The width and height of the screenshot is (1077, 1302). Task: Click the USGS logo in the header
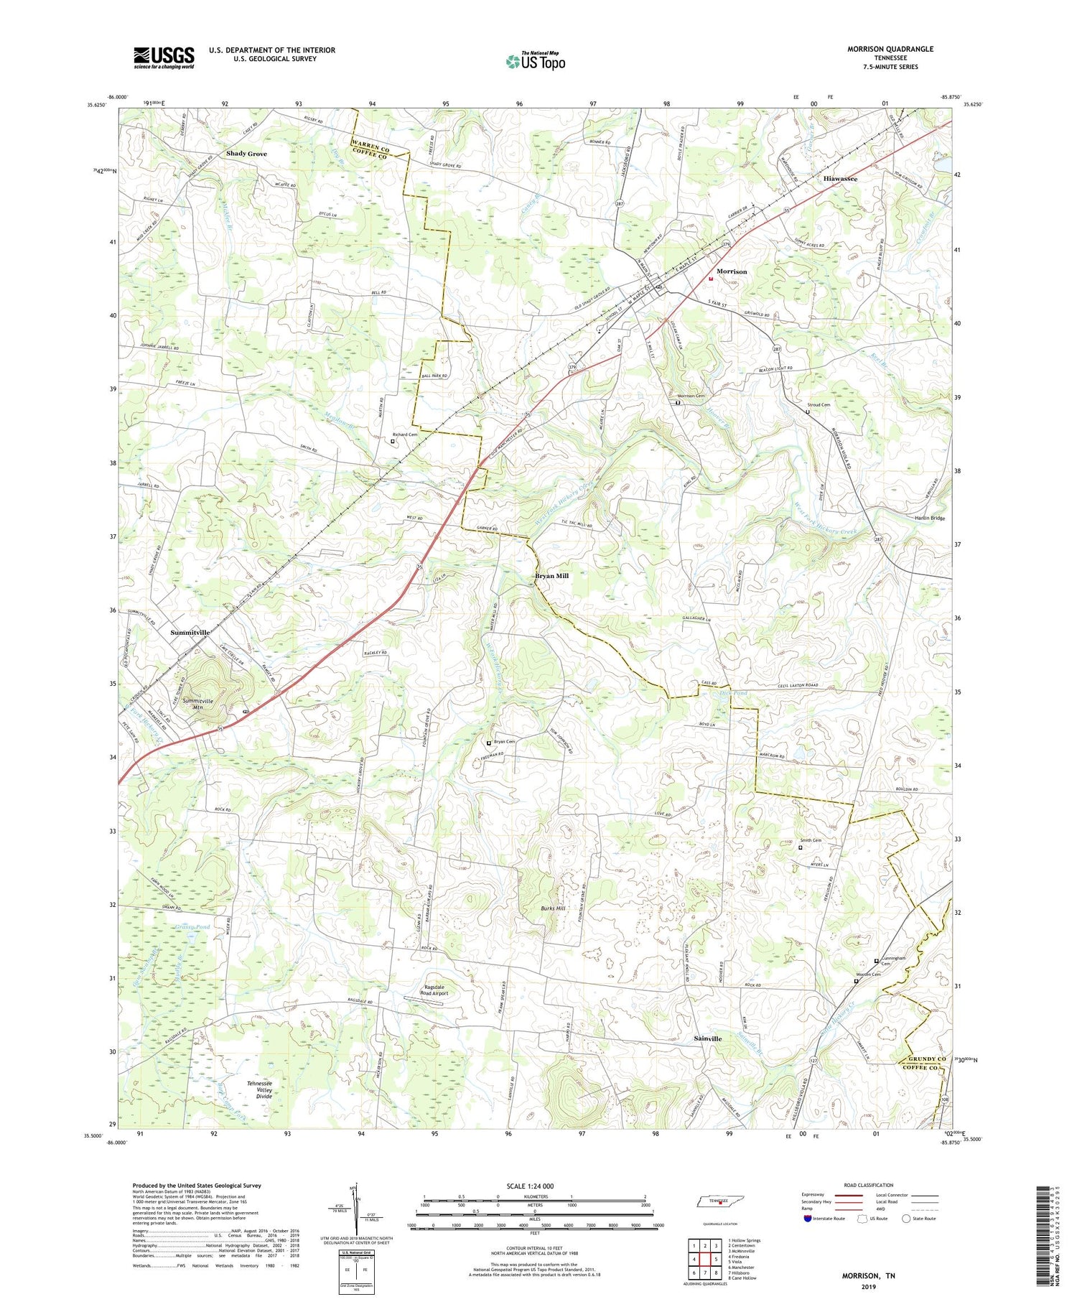point(164,57)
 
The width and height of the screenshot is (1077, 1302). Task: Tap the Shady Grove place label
point(246,154)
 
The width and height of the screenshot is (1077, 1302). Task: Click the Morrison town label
point(732,271)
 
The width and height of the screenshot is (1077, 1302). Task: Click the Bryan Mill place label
point(551,576)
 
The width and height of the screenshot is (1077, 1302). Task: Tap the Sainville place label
point(708,1038)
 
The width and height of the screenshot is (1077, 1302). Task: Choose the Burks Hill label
point(554,908)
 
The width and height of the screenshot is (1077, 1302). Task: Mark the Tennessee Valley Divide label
point(260,1089)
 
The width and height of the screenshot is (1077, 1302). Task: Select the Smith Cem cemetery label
point(811,840)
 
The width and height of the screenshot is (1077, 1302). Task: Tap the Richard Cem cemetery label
point(405,434)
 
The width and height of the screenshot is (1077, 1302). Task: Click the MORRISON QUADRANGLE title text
point(890,49)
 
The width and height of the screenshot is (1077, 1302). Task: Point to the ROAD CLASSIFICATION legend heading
point(869,1185)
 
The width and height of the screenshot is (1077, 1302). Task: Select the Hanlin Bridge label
point(930,518)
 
